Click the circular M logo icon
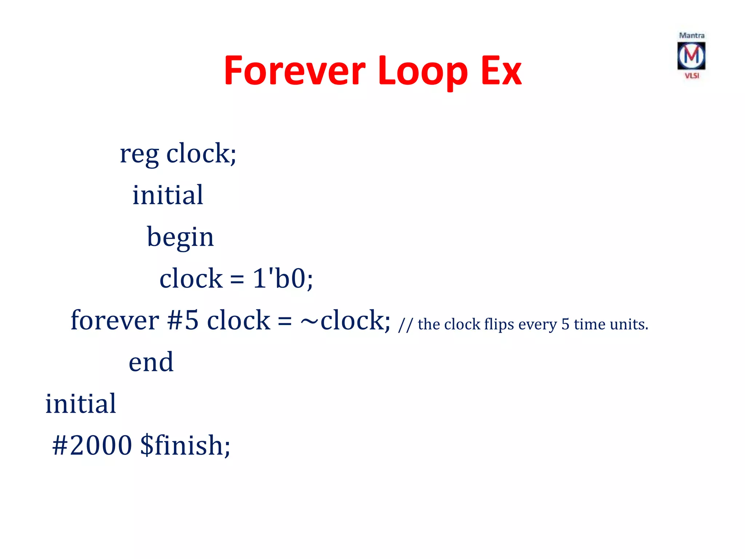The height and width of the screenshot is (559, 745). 691,56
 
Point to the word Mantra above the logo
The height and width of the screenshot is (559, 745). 692,36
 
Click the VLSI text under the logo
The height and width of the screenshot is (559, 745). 692,76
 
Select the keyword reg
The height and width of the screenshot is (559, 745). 139,154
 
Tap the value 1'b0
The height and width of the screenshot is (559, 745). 280,279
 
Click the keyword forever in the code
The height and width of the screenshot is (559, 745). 115,321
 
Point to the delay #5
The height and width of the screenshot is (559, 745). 183,321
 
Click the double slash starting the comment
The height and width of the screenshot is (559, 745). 405,325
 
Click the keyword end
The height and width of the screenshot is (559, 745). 151,362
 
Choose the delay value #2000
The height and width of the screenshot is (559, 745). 92,445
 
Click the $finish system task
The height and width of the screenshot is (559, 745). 185,445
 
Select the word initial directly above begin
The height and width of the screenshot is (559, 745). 168,195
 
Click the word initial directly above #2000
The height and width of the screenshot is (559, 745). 80,404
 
